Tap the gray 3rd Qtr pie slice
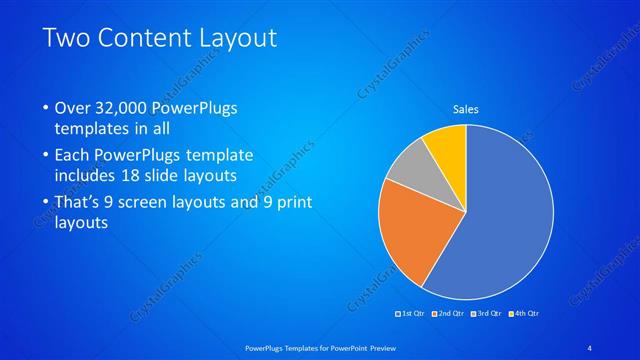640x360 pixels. [x=409, y=169]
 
